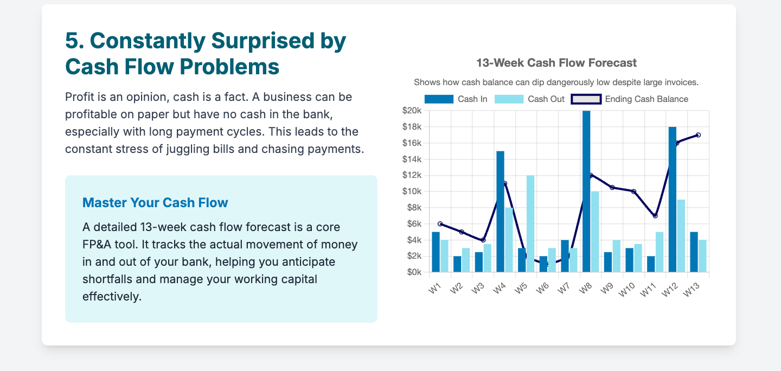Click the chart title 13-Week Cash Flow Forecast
pyautogui.click(x=556, y=63)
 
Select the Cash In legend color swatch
pyautogui.click(x=439, y=99)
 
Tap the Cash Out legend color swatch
pyautogui.click(x=509, y=99)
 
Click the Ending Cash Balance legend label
pyautogui.click(x=646, y=99)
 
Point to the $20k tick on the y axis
pyautogui.click(x=412, y=111)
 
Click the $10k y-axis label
pyautogui.click(x=412, y=191)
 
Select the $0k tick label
pyautogui.click(x=414, y=272)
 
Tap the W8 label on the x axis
pyautogui.click(x=585, y=289)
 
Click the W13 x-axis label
pyautogui.click(x=691, y=290)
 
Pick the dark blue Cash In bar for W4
pyautogui.click(x=500, y=212)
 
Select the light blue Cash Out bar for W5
pyautogui.click(x=530, y=224)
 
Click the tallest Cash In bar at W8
pyautogui.click(x=586, y=191)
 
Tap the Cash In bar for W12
pyautogui.click(x=673, y=200)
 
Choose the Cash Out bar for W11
pyautogui.click(x=660, y=252)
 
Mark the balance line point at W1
pyautogui.click(x=440, y=224)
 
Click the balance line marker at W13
pyautogui.click(x=698, y=135)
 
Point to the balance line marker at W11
pyautogui.click(x=655, y=216)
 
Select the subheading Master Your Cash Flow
pyautogui.click(x=155, y=203)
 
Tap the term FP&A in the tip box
pyautogui.click(x=97, y=245)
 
